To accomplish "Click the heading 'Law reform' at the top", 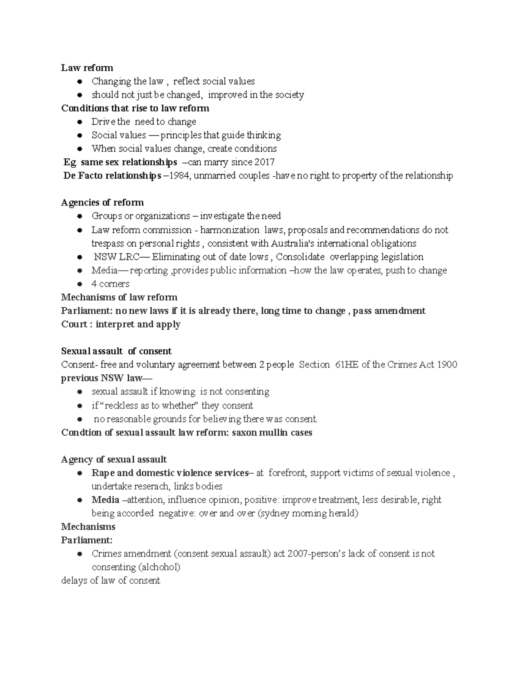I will tap(87, 68).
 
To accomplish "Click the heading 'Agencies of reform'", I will tap(102, 202).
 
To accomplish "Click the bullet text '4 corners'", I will tap(110, 284).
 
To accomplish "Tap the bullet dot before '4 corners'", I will tap(80, 284).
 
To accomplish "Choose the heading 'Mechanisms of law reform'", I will tap(119, 297).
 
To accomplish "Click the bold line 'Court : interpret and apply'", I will tap(121, 324).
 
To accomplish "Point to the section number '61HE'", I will tap(347, 364).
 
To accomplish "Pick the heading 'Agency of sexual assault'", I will tap(114, 459).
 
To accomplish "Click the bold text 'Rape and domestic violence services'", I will tap(170, 473).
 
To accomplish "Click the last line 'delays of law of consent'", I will tap(111, 581).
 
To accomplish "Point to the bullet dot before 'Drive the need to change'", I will tap(80, 122).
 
